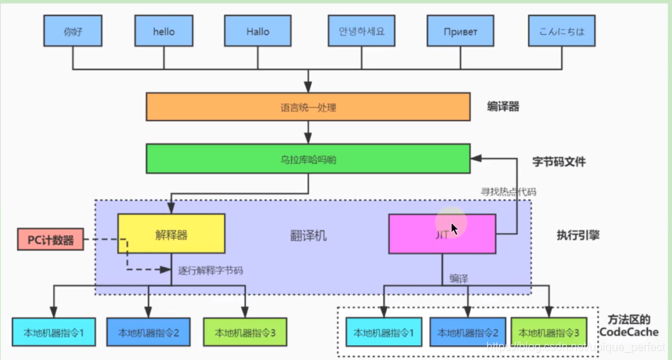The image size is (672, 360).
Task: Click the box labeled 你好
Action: pos(73,32)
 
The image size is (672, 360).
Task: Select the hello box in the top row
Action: pos(164,32)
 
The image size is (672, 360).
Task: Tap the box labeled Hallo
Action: pos(258,32)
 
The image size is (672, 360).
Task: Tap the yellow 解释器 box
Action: pos(171,234)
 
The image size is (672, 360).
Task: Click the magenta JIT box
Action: pos(442,234)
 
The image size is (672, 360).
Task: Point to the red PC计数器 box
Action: pos(50,240)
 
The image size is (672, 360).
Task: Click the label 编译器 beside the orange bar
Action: pos(503,106)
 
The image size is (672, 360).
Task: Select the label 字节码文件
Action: pos(559,162)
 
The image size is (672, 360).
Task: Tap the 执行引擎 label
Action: pos(578,234)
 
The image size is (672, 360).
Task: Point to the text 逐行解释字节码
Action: pos(211,270)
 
